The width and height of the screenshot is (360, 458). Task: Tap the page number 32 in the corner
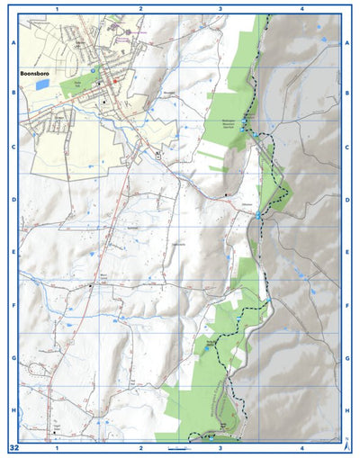pos(13,447)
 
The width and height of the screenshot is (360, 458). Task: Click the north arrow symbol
pos(346,441)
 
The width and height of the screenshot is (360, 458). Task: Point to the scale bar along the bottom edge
pos(175,446)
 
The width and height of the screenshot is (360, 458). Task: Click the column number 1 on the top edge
pos(57,8)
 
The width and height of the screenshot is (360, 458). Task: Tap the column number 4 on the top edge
pos(301,8)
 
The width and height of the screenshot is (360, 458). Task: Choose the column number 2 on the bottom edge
pos(140,447)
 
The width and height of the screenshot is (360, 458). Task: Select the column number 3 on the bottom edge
pos(220,447)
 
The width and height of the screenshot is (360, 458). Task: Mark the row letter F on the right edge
pos(347,306)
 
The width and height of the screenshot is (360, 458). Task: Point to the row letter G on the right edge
pos(347,358)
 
